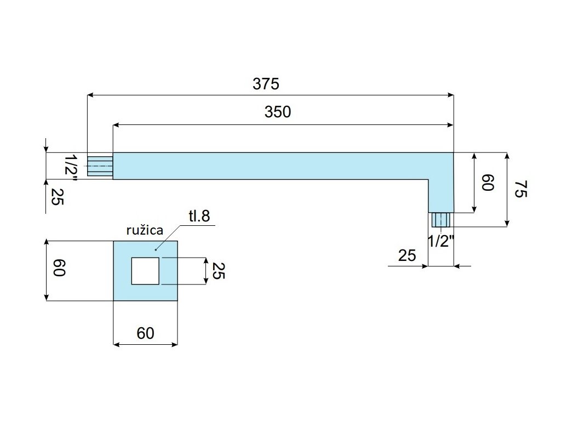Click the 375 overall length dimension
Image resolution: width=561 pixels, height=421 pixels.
(x=266, y=84)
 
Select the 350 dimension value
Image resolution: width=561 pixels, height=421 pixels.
(x=278, y=112)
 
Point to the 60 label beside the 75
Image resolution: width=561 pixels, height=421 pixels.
(x=487, y=183)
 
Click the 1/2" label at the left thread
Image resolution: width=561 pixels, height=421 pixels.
(x=71, y=166)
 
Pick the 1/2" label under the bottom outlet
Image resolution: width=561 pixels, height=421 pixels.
(x=442, y=241)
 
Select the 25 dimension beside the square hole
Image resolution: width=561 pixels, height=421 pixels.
(x=217, y=271)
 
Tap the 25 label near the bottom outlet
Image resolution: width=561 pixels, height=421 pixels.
(x=408, y=255)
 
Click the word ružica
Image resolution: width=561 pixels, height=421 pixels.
(x=145, y=230)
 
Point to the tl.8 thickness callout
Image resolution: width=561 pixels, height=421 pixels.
(x=199, y=216)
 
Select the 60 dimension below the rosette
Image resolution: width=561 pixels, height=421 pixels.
(x=146, y=333)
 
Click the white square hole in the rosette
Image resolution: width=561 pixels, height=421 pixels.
(x=145, y=271)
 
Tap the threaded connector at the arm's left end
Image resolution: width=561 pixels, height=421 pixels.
(x=100, y=166)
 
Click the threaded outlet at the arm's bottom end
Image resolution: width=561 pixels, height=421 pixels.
(x=440, y=220)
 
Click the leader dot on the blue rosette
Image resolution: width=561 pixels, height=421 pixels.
(x=156, y=249)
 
